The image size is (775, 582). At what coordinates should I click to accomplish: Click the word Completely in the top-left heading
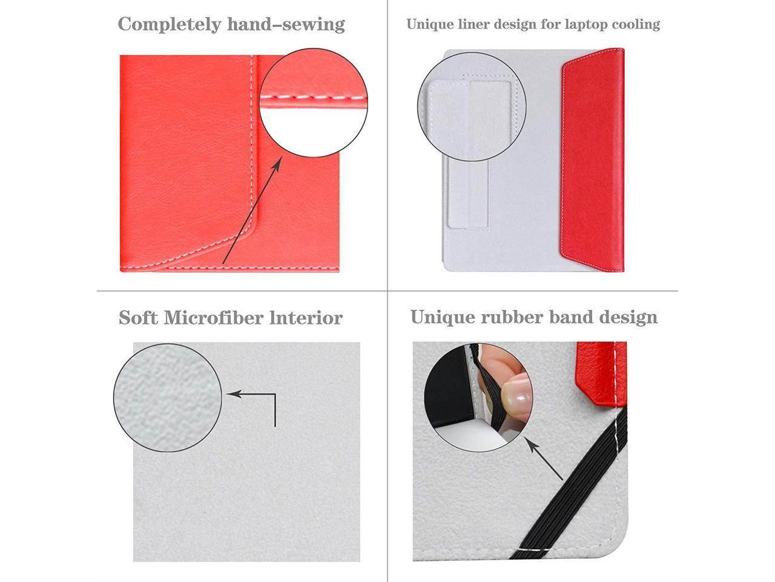(x=170, y=25)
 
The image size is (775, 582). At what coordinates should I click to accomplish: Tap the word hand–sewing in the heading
(x=286, y=24)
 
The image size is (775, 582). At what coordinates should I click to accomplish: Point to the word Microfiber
(x=214, y=317)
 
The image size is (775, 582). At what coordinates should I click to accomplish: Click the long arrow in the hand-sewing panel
(x=252, y=210)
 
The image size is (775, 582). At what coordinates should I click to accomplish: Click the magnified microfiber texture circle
(x=168, y=398)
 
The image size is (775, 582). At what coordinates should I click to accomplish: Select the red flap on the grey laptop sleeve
(x=593, y=159)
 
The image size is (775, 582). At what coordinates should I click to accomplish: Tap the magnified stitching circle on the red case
(x=314, y=103)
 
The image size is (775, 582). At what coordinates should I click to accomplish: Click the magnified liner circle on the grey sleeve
(x=472, y=107)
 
